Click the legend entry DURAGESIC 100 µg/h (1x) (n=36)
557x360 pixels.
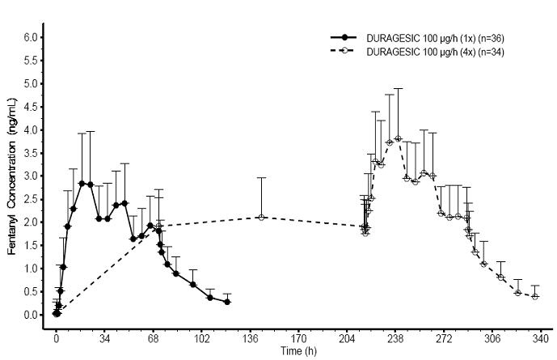click(x=436, y=38)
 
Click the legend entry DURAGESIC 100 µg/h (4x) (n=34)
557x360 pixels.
click(x=436, y=51)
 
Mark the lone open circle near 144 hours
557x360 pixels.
click(x=261, y=217)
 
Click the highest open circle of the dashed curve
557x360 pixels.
click(x=398, y=138)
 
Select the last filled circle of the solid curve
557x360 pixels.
click(x=227, y=302)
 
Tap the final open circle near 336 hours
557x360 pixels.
click(x=535, y=296)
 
